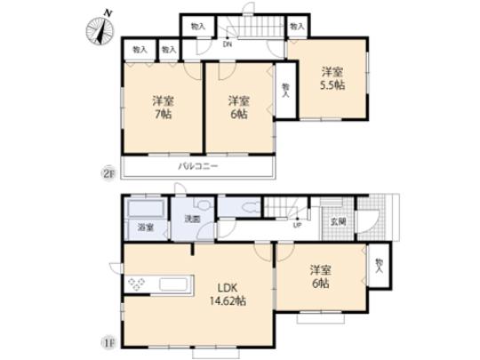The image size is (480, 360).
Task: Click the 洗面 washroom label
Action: click(192, 219)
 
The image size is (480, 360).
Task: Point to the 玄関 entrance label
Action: click(339, 221)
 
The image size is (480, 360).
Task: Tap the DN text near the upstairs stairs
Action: click(228, 44)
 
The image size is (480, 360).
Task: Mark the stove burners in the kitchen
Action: click(139, 285)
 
